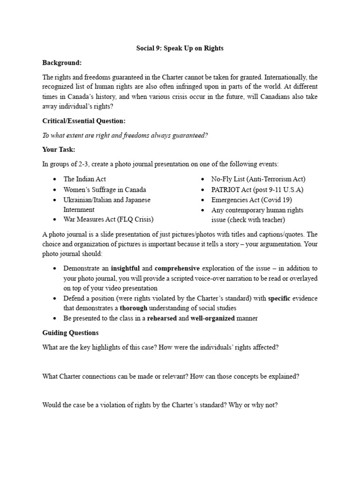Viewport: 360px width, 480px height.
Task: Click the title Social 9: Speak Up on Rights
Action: (180, 49)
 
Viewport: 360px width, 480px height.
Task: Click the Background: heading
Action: (62, 62)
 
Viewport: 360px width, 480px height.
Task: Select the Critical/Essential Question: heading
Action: (84, 121)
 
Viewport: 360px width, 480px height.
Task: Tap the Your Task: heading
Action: (59, 150)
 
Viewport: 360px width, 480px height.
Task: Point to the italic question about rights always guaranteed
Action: (125, 135)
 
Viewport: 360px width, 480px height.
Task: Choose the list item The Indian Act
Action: (84, 179)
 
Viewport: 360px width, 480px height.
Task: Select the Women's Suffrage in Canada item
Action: (105, 189)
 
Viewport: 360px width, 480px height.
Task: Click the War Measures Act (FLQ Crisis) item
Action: (108, 219)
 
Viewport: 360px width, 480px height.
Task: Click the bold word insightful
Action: (125, 269)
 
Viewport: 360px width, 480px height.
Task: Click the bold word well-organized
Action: (212, 319)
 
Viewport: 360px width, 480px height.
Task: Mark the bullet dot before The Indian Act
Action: (55, 180)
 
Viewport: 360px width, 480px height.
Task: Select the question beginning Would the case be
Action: (160, 405)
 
